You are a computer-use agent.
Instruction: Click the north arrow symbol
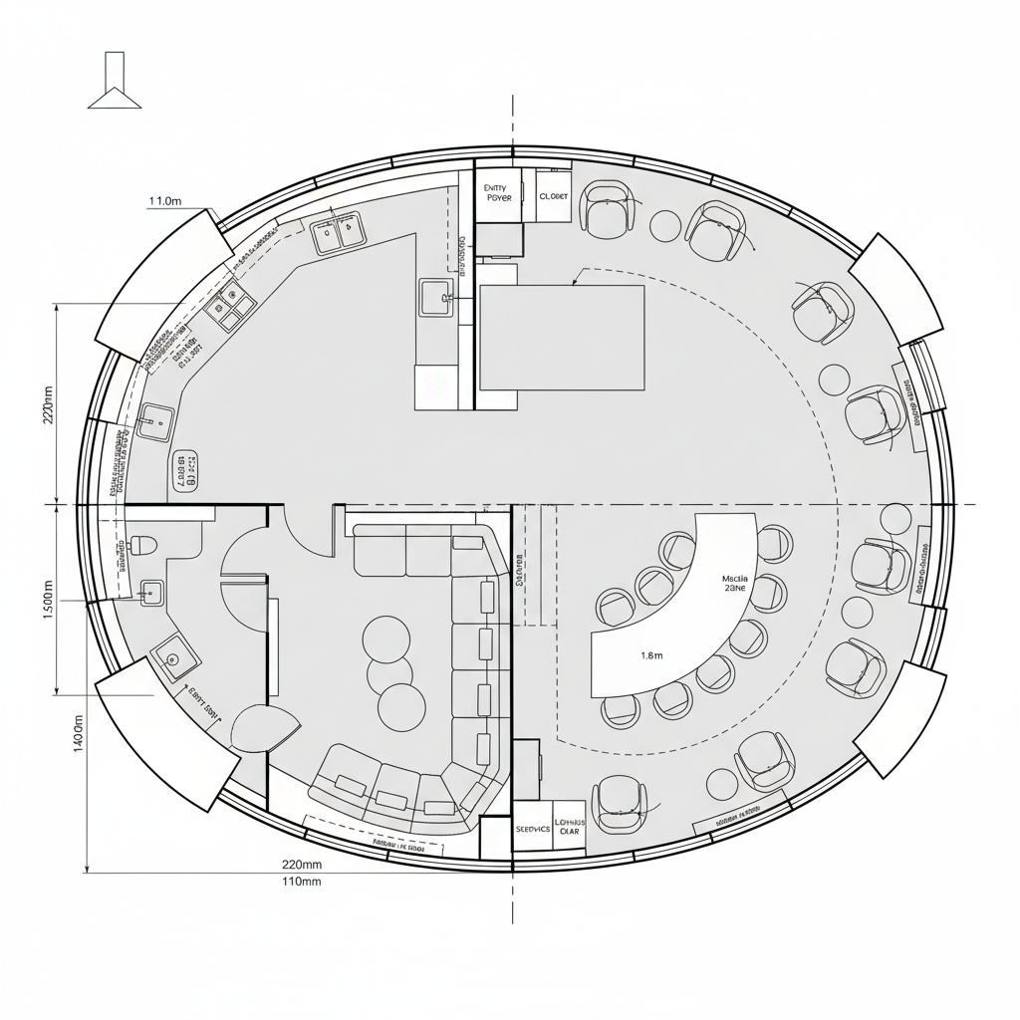coord(115,84)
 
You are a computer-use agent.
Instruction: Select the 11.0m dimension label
coord(165,201)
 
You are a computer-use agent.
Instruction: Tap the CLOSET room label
coord(553,196)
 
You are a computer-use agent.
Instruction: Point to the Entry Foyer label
coord(497,192)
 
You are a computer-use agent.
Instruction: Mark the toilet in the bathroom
coord(143,545)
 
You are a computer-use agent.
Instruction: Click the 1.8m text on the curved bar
coord(650,655)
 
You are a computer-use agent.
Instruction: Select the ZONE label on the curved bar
coord(734,589)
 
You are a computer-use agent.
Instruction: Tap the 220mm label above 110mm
coord(302,864)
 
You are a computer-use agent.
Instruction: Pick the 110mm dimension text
coord(302,882)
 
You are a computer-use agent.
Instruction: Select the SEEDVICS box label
coord(532,828)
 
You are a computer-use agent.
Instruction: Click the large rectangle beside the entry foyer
coord(562,337)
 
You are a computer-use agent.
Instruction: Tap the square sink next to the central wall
coord(436,297)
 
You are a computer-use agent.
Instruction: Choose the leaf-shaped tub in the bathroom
coord(264,728)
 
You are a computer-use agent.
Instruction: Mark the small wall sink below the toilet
coord(151,592)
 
